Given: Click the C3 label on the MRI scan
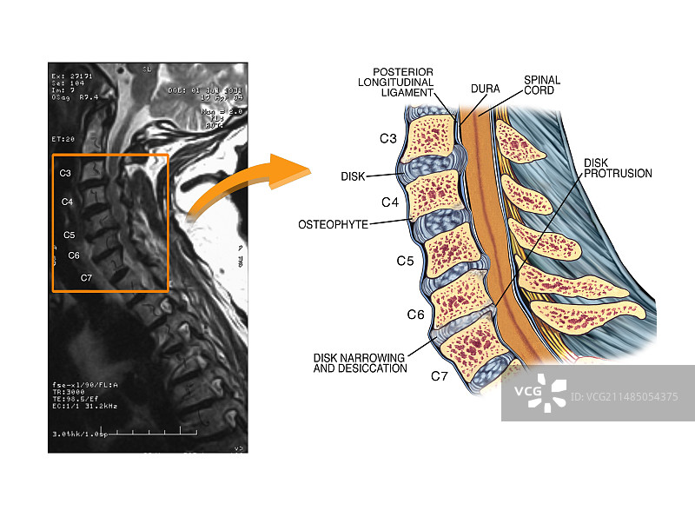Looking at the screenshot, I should coord(65,173).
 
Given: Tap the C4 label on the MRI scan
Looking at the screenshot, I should coord(67,202).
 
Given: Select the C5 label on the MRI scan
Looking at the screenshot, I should coord(69,235).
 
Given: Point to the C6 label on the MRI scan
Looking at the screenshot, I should coord(74,255).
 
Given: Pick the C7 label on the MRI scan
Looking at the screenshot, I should coord(86,278).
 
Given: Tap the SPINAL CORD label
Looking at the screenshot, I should coord(541,85).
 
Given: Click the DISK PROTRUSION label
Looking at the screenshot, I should coord(618,168).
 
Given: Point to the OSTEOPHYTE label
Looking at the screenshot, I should coord(333,224).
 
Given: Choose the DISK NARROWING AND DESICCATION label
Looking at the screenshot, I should coord(361,362).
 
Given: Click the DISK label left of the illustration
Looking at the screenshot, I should coord(353,176).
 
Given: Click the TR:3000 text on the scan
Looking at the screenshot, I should coord(69,393).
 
